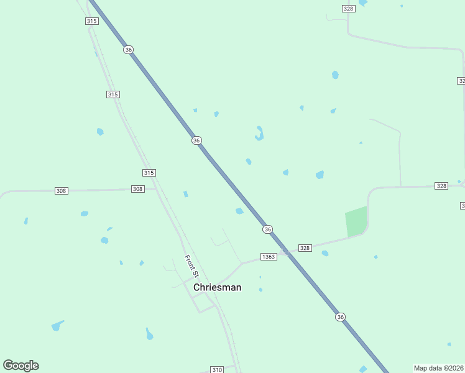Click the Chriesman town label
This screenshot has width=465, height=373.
click(x=217, y=287)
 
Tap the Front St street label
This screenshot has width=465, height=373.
click(x=191, y=265)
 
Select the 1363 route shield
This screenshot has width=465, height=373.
click(x=269, y=257)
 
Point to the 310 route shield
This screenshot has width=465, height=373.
click(x=217, y=369)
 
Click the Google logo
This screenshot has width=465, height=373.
click(x=21, y=366)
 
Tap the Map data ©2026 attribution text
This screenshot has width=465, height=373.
click(x=438, y=367)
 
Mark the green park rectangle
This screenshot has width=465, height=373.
click(x=356, y=222)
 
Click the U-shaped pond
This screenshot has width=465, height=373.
click(x=259, y=134)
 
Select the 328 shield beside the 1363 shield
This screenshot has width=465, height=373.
click(x=305, y=247)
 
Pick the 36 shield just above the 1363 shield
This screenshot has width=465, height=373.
click(x=267, y=229)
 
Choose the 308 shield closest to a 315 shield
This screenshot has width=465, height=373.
click(x=138, y=189)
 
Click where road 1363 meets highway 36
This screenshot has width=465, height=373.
click(x=284, y=252)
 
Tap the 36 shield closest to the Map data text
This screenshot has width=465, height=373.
click(x=340, y=317)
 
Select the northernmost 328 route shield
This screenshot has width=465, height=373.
click(x=348, y=8)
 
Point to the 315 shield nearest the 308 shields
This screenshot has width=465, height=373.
click(x=149, y=173)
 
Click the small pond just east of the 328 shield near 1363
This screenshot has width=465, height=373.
click(x=325, y=253)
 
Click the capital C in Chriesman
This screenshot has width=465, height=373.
click(x=197, y=287)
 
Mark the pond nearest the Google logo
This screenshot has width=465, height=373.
click(x=57, y=326)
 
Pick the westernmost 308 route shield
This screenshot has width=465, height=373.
click(x=61, y=191)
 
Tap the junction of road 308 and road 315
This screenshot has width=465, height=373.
click(x=156, y=189)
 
